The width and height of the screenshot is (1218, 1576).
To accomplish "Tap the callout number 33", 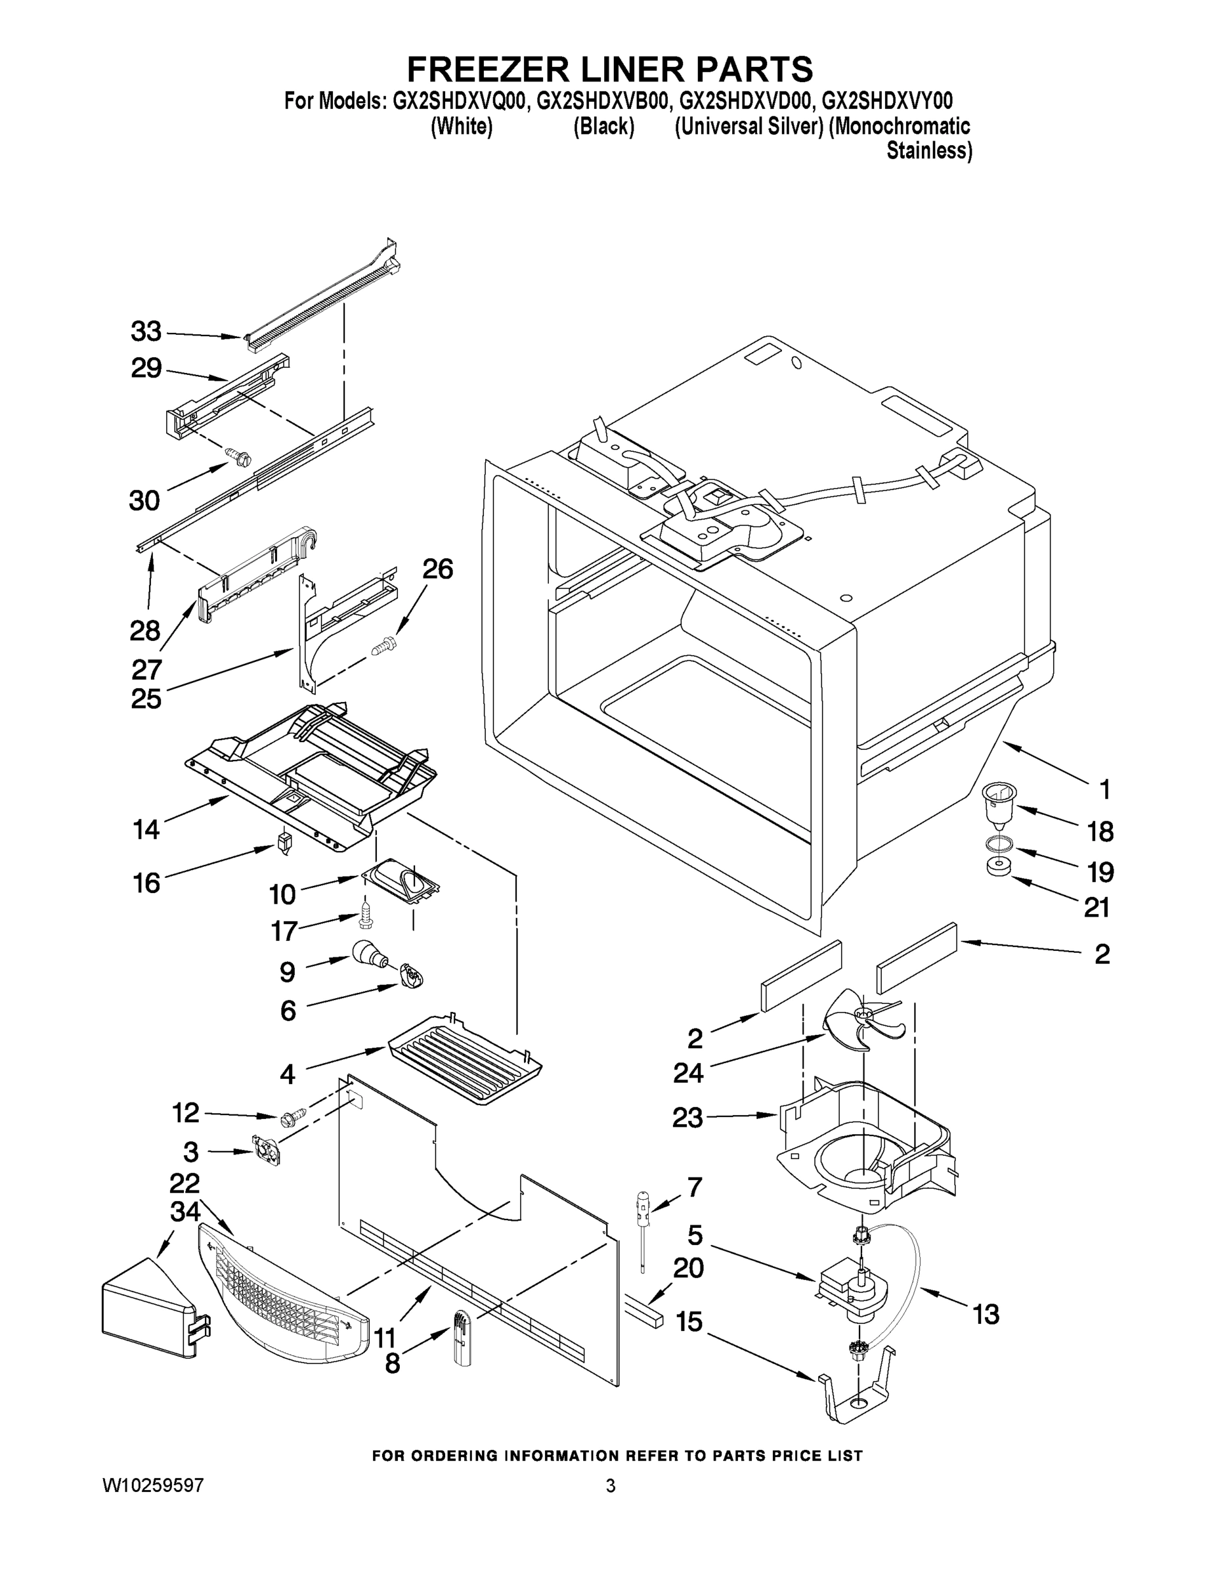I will click(x=146, y=332).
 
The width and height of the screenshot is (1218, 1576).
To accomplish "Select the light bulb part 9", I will click(x=369, y=956).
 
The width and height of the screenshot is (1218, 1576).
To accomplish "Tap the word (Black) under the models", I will click(x=604, y=126).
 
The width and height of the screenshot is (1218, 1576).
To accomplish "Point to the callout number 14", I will click(x=146, y=830).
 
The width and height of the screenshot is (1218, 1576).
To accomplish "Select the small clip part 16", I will click(x=284, y=842).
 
